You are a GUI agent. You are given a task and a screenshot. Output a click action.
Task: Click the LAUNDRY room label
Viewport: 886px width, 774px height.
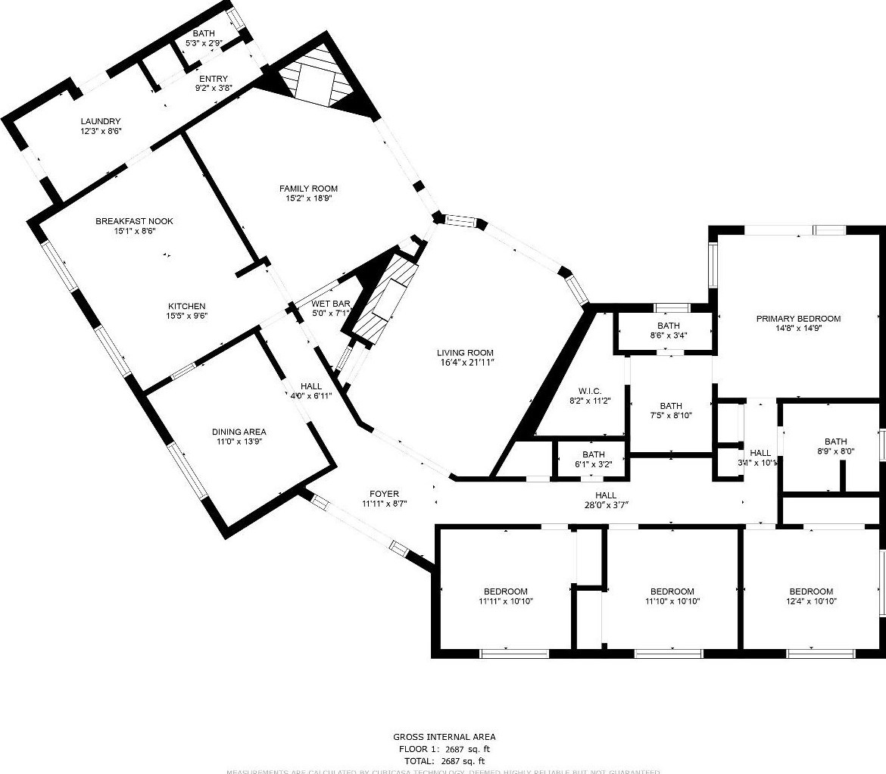coord(101,121)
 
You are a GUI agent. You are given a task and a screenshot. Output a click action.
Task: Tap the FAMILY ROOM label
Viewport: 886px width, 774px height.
coord(308,189)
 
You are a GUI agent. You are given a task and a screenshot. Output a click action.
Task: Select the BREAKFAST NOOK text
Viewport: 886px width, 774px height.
coord(134,221)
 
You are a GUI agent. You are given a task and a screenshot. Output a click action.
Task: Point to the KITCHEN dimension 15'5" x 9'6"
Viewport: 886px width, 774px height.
coord(187,317)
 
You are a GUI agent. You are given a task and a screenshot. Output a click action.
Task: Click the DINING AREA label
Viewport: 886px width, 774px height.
coord(239,432)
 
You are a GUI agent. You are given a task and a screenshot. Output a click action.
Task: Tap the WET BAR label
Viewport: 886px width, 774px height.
coord(330,304)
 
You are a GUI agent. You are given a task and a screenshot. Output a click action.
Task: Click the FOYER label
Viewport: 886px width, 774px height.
coord(384,494)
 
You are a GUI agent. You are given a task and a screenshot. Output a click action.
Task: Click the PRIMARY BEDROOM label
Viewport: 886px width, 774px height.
coord(798,319)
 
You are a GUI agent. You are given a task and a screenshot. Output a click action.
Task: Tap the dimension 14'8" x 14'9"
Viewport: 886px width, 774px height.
coord(798,329)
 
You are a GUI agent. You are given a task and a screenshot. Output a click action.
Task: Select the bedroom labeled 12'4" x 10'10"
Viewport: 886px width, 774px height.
coord(811,597)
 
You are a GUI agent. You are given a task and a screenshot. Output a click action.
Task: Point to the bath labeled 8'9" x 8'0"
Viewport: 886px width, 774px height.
coord(835,447)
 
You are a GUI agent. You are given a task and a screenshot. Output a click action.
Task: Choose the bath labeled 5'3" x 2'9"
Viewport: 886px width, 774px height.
coord(204,39)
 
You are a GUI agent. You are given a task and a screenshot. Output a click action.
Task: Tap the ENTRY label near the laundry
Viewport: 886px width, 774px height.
coord(213,79)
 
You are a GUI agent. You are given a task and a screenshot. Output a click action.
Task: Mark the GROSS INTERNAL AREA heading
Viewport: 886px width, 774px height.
coord(444,737)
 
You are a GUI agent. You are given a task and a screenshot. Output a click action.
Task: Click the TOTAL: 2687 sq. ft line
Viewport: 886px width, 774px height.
coord(444,760)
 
